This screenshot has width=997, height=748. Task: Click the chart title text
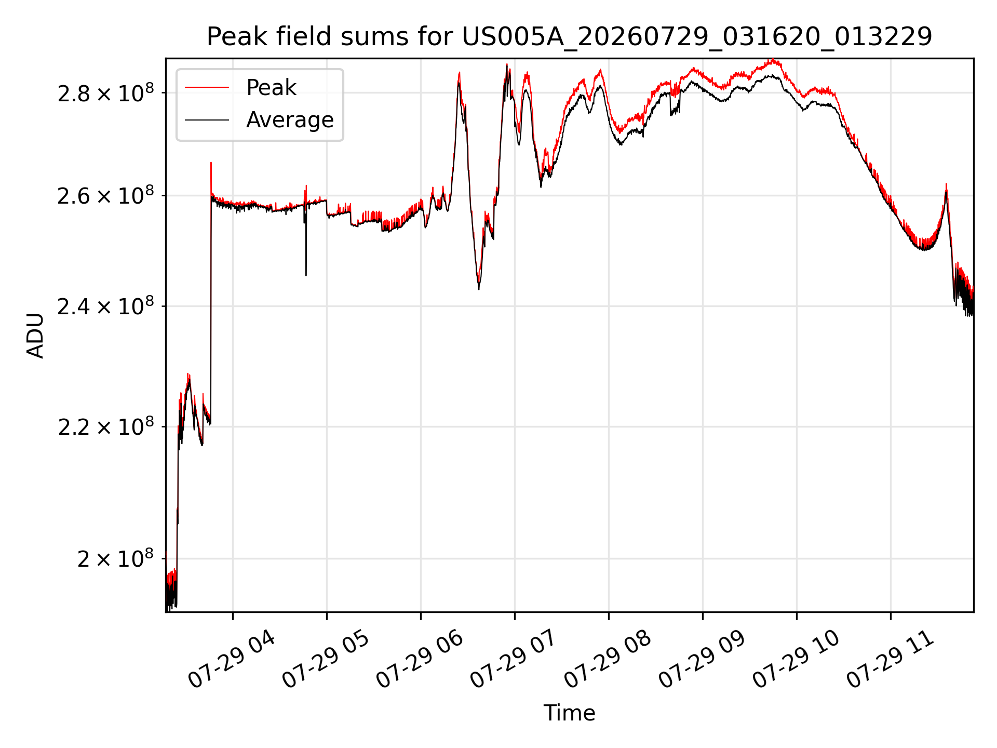click(570, 37)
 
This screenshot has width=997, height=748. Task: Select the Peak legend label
click(271, 88)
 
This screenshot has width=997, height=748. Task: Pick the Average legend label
click(290, 120)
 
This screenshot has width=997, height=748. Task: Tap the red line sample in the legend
click(207, 88)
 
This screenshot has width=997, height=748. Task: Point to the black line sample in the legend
click(207, 120)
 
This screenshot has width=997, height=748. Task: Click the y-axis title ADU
click(35, 336)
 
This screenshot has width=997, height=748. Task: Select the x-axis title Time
click(569, 713)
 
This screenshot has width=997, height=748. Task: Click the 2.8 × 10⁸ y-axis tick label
click(106, 93)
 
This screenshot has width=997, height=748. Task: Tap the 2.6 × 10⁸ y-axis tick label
click(106, 196)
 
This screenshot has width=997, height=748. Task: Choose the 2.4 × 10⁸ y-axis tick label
click(106, 306)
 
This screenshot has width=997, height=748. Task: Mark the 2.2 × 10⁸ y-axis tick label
click(106, 427)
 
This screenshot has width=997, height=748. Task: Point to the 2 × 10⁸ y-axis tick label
click(116, 559)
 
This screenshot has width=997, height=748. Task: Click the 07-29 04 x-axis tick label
click(231, 660)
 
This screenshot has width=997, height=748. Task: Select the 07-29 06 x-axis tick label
click(419, 660)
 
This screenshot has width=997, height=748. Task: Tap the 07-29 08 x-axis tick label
click(607, 660)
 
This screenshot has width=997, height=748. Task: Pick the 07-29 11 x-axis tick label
click(890, 660)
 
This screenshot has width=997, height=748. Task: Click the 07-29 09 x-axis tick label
click(702, 660)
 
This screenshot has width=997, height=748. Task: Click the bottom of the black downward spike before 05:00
click(306, 275)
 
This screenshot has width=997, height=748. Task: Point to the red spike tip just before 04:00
click(211, 163)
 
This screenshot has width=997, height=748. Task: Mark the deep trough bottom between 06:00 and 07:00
click(479, 289)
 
